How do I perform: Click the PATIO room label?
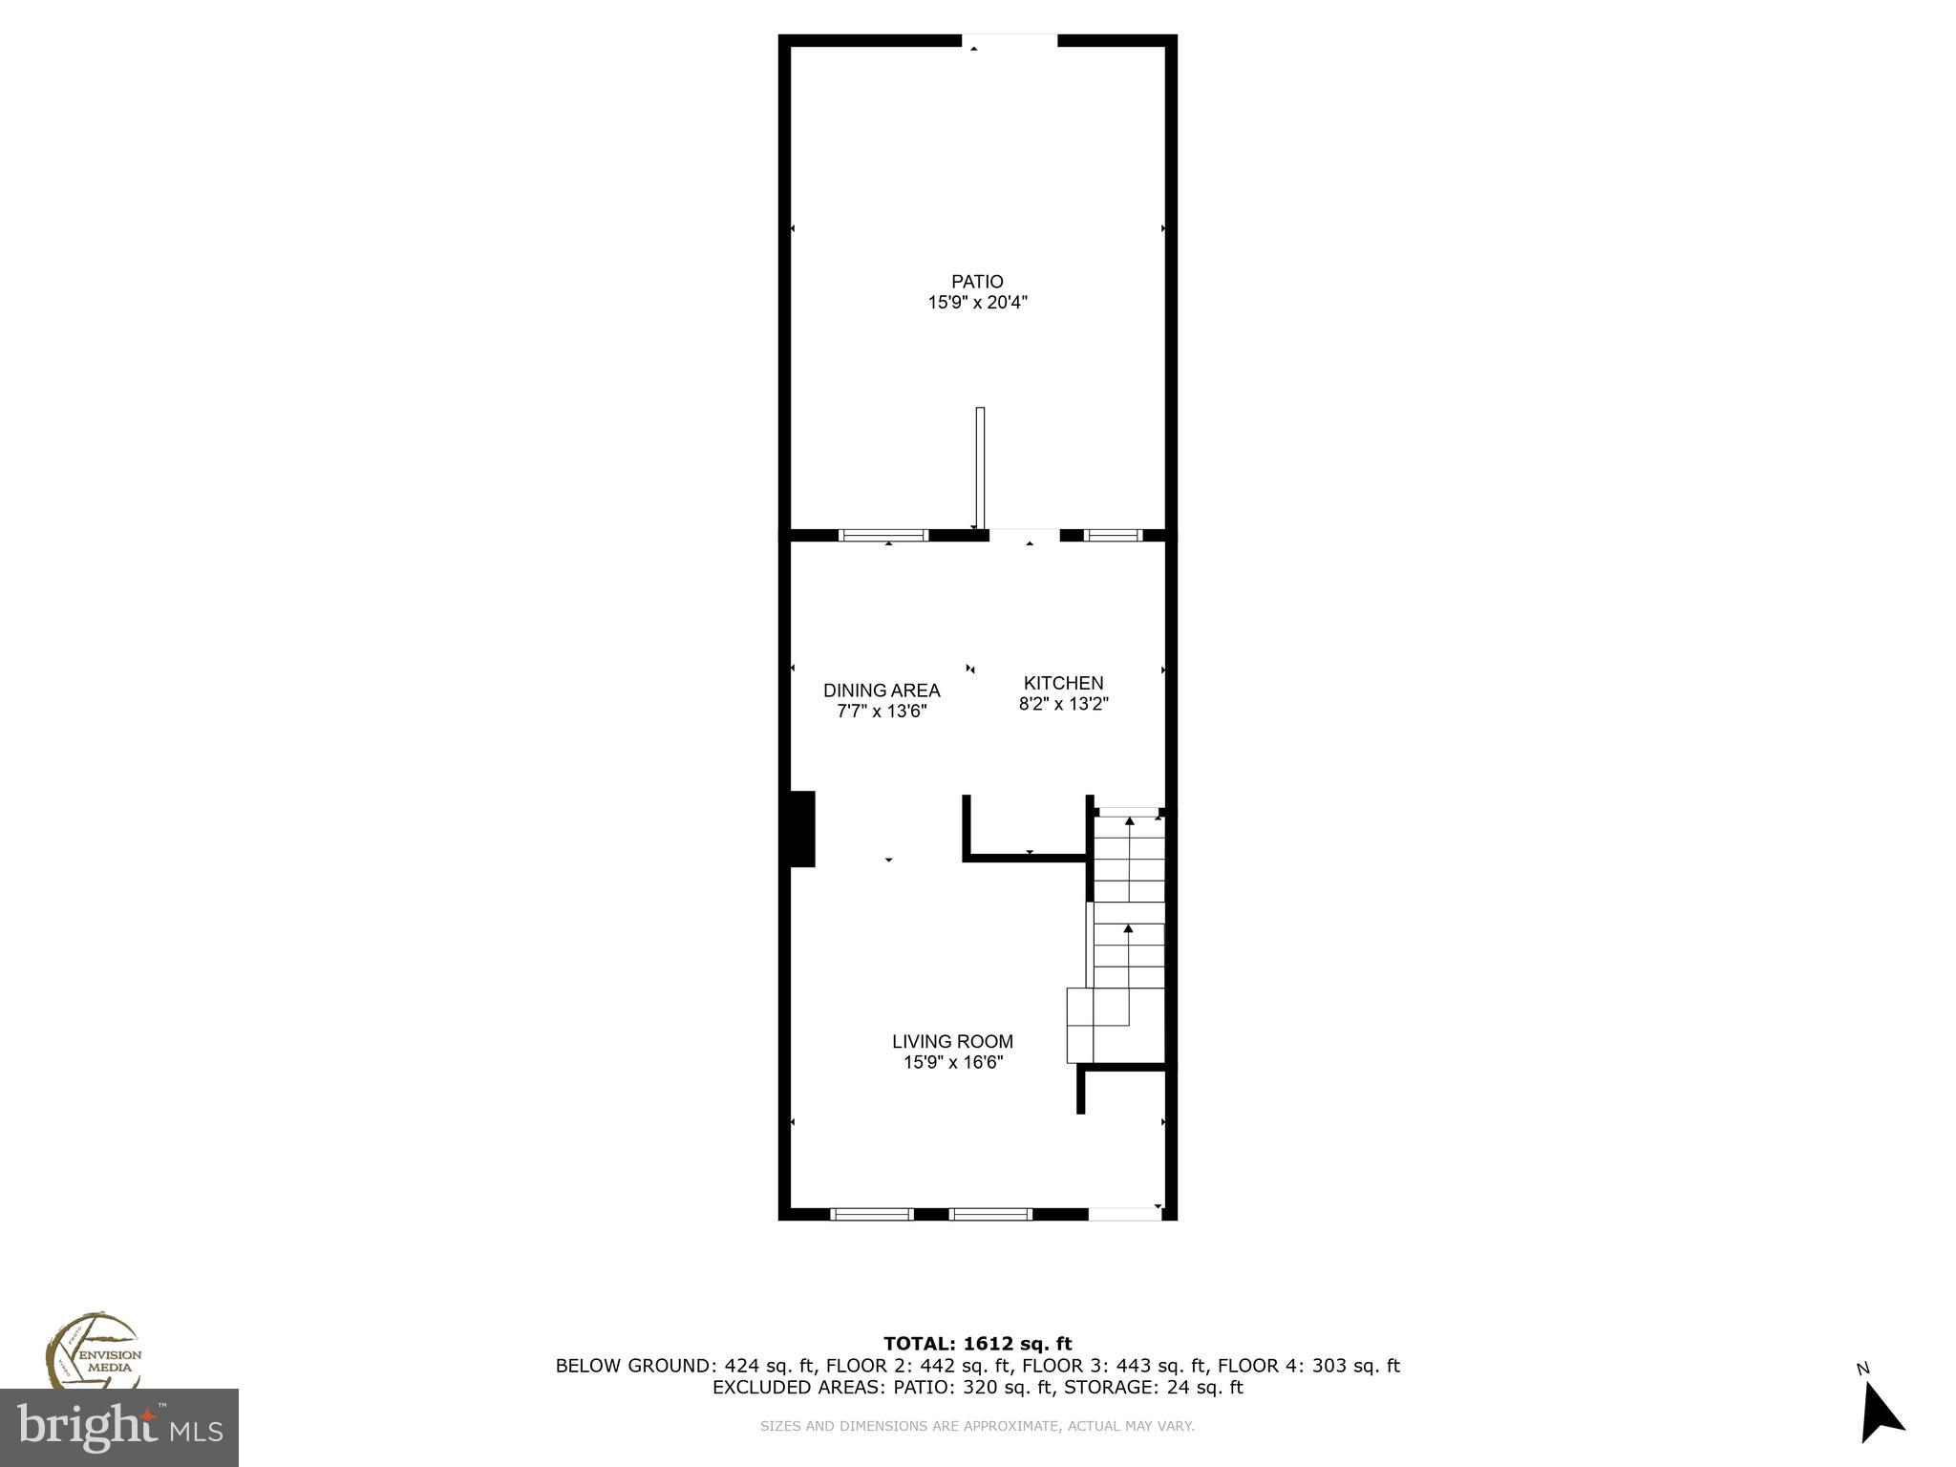click(977, 282)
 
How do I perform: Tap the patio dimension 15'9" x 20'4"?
click(977, 303)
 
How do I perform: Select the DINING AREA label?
click(882, 691)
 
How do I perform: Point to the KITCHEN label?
click(1063, 683)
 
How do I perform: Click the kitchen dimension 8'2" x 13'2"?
click(1063, 705)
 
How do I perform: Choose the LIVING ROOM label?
click(952, 1041)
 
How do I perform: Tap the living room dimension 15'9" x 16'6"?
click(952, 1062)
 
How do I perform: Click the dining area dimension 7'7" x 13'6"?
click(882, 712)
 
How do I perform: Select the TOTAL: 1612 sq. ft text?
click(977, 1344)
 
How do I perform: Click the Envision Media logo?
click(93, 1352)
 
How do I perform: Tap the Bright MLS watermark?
click(119, 1428)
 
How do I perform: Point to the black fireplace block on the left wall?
click(802, 829)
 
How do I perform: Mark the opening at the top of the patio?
click(1010, 41)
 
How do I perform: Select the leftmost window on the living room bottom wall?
click(872, 1214)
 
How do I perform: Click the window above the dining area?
click(882, 536)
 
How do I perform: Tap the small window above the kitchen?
click(1115, 536)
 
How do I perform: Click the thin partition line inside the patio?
click(980, 468)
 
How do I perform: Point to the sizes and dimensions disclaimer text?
click(977, 1426)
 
